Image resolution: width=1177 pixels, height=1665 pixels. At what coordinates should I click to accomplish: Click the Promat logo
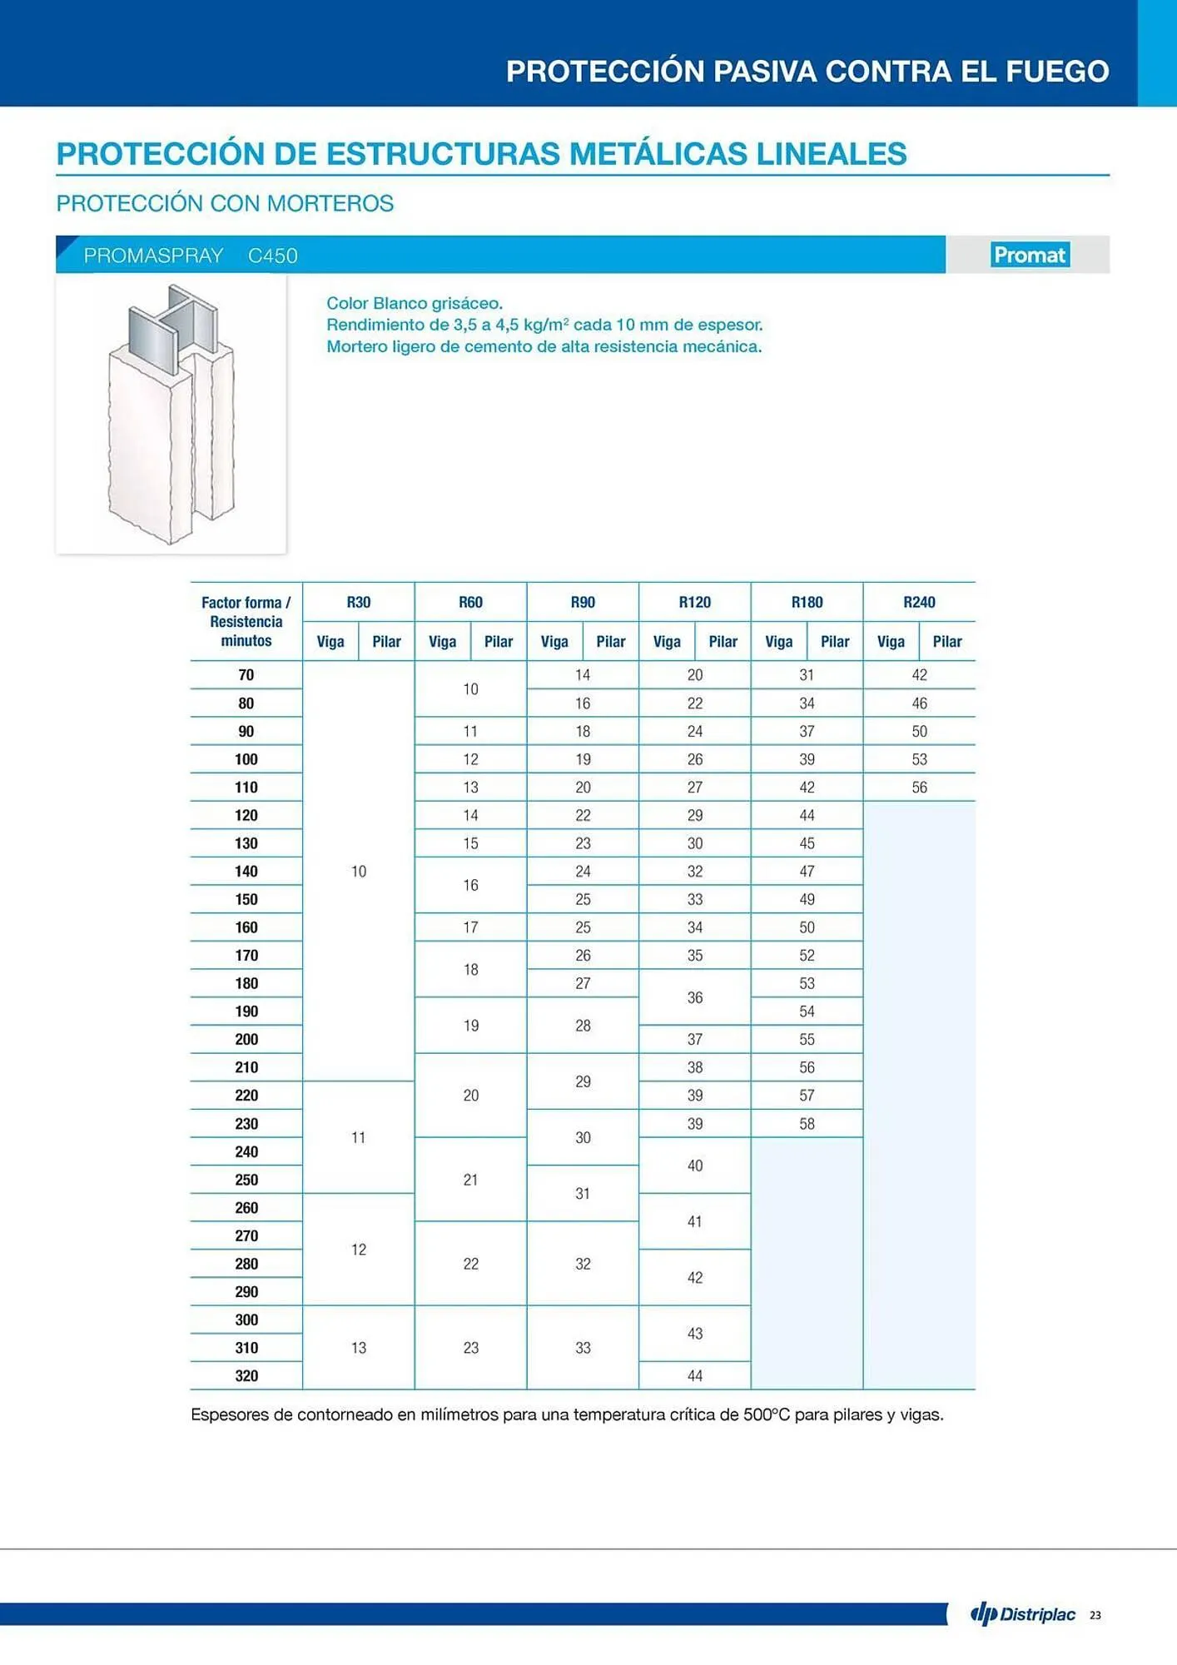pos(1030,255)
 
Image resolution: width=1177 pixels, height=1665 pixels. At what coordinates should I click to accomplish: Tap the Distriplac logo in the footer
pos(1023,1614)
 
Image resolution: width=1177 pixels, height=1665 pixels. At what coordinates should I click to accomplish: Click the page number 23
pos(1095,1615)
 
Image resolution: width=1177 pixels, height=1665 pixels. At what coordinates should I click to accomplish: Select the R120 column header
pos(694,602)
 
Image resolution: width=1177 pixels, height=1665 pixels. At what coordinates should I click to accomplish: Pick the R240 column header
pos(919,602)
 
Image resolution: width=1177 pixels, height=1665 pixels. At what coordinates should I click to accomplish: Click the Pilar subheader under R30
pos(386,641)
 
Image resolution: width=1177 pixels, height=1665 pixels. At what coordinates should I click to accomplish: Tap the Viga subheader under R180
pos(778,641)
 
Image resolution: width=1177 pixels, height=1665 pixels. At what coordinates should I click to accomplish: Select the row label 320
pos(246,1375)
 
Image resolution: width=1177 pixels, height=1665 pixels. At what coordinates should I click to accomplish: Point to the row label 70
pos(246,675)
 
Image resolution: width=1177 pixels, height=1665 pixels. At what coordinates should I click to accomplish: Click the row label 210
pos(246,1067)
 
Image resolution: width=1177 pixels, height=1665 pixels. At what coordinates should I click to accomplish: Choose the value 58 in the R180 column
pos(807,1123)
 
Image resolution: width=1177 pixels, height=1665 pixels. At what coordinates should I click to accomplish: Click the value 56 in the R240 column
pos(919,787)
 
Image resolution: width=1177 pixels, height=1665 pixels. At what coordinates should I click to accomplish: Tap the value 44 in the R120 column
pos(694,1375)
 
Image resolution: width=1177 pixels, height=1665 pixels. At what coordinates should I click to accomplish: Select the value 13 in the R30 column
pos(358,1347)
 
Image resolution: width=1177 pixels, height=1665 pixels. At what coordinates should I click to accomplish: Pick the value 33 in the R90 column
pos(583,1347)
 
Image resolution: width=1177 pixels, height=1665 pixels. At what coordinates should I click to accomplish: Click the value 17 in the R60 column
pos(470,927)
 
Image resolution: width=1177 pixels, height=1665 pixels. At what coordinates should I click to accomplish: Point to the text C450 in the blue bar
pos(272,256)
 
